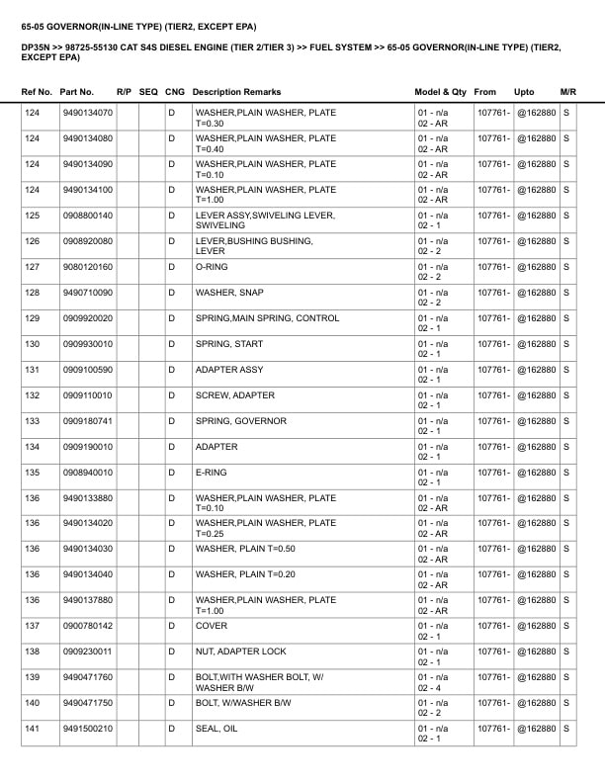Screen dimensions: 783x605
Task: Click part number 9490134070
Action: [x=87, y=113]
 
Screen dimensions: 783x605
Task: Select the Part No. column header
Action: [x=76, y=92]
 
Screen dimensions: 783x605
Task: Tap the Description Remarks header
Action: [x=236, y=92]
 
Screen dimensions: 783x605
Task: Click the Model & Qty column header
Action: [x=440, y=92]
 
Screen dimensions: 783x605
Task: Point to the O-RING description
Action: [x=213, y=267]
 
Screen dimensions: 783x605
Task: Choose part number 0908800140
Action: [x=87, y=216]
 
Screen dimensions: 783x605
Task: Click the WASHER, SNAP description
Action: [x=229, y=293]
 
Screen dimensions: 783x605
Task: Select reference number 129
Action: [x=32, y=318]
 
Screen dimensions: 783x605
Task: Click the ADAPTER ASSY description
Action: [x=229, y=370]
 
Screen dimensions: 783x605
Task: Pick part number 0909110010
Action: [x=87, y=395]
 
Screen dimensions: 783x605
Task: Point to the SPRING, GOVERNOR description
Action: [x=241, y=421]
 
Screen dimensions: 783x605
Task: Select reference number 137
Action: [x=32, y=626]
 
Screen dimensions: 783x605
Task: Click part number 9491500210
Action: [x=87, y=729]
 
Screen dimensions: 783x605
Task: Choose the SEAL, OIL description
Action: [x=216, y=729]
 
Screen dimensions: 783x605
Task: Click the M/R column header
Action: [x=567, y=92]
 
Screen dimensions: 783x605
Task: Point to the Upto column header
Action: [x=524, y=92]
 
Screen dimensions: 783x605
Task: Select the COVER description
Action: [x=212, y=626]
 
